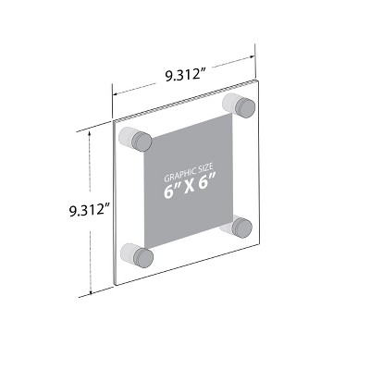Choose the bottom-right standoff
pos(239,227)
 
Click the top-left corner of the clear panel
pos(113,124)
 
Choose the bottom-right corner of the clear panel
pos(258,241)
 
